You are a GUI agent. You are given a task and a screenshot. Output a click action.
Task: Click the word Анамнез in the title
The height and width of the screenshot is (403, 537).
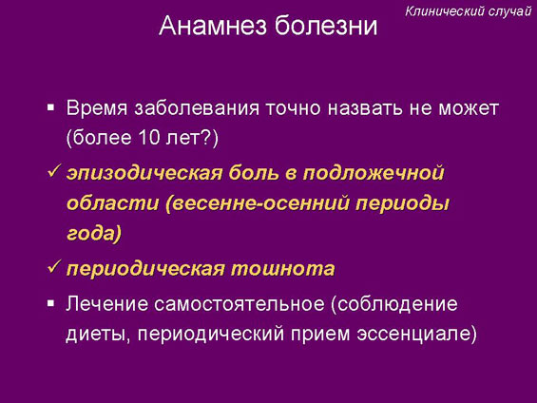[x=213, y=26]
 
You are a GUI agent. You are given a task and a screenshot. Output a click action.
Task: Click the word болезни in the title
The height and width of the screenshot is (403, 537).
[x=326, y=26]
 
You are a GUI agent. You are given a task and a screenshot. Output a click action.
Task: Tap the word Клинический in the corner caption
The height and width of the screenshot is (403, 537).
[x=445, y=11]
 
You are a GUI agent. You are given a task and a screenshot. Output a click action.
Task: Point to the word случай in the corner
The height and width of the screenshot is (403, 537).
[x=509, y=11]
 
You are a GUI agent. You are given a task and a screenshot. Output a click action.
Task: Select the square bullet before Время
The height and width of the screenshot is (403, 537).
[x=51, y=108]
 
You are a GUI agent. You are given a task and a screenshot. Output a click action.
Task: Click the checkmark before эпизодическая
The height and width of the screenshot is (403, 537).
[x=54, y=170]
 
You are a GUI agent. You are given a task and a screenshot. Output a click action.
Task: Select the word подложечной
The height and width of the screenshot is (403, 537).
[x=374, y=173]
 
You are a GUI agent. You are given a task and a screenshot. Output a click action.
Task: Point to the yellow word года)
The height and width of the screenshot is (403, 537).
[x=94, y=233]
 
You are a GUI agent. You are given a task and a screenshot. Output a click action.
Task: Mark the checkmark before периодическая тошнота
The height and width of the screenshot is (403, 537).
[x=54, y=266]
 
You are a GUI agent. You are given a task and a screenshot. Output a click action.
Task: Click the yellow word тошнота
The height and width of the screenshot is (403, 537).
[x=282, y=268]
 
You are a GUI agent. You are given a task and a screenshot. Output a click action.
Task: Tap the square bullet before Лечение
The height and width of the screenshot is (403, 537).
[x=51, y=304]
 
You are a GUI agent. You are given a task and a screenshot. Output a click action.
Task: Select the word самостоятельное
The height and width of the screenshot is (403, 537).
[x=240, y=304]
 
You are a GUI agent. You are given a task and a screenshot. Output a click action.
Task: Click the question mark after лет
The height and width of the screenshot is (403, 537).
[x=208, y=138]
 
